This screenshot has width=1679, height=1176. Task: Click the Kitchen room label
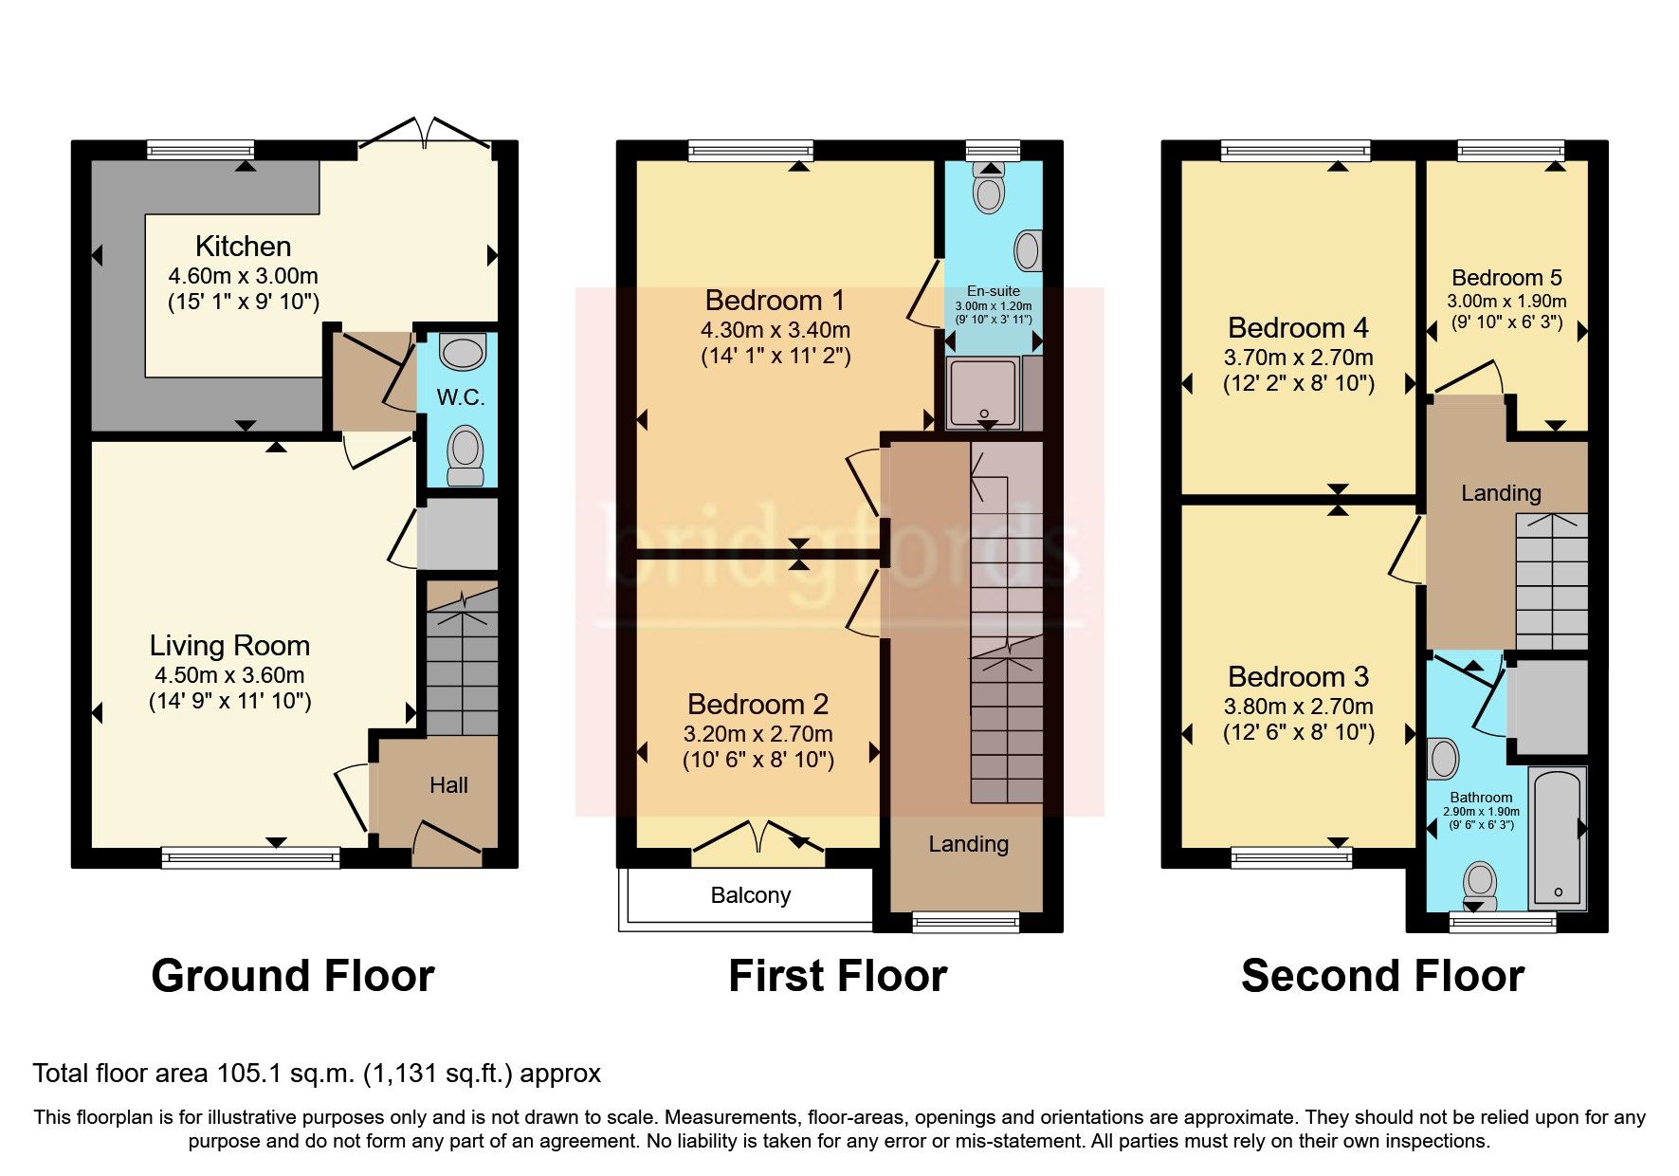(x=243, y=247)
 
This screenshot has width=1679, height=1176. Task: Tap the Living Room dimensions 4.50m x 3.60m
(x=229, y=675)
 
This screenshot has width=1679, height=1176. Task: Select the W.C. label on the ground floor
(x=461, y=397)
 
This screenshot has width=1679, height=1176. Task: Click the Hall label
(x=448, y=785)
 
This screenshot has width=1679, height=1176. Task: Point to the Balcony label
(x=750, y=895)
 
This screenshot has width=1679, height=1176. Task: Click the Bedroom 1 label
(x=775, y=301)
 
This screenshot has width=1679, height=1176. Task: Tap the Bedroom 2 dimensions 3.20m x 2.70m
(x=757, y=734)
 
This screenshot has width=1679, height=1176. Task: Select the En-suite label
(x=993, y=291)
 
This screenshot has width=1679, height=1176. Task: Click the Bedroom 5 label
(x=1506, y=278)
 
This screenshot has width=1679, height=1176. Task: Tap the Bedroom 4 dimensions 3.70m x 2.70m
(x=1298, y=358)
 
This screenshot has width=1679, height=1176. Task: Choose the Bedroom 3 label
(x=1298, y=677)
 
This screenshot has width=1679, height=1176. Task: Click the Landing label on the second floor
(x=1500, y=493)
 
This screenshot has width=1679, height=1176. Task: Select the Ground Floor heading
(x=293, y=976)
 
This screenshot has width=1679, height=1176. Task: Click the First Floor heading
(x=837, y=976)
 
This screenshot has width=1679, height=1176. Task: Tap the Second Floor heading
(x=1382, y=976)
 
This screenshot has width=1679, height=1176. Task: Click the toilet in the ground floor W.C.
(x=465, y=455)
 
